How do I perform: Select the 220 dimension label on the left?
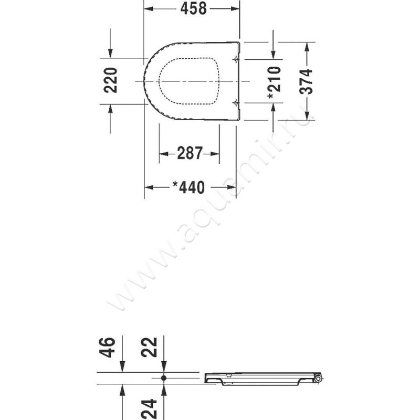(110, 80)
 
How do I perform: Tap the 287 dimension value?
(189, 153)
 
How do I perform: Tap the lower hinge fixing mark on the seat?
(235, 101)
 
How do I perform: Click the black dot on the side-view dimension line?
(164, 377)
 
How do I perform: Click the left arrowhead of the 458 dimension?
(148, 8)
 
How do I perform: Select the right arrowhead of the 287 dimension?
(216, 154)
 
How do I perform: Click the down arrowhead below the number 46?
(122, 368)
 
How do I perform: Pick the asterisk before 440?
(176, 185)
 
